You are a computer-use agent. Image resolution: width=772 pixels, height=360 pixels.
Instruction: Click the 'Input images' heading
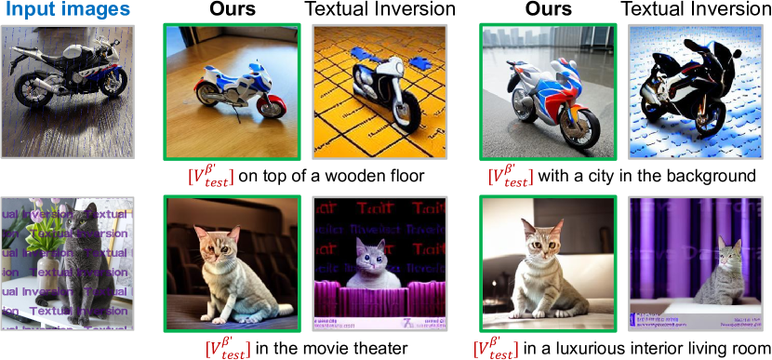coord(68,11)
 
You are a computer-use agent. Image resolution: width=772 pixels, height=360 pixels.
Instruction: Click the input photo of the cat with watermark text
coord(68,263)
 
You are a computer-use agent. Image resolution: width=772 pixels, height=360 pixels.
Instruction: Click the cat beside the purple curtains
coord(730,273)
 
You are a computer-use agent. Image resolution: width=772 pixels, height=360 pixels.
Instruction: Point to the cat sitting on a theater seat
coord(232,270)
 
